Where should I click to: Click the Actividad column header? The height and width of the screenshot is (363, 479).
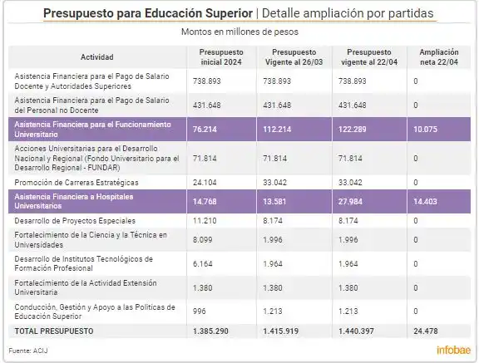coord(97,56)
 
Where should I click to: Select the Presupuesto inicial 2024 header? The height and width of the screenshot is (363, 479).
coord(221,56)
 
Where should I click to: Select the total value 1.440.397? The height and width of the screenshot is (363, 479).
coord(358,331)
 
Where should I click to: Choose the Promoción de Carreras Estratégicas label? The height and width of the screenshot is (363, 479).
coord(81,182)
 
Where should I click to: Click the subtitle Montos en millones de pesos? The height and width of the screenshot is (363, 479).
coord(239,32)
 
